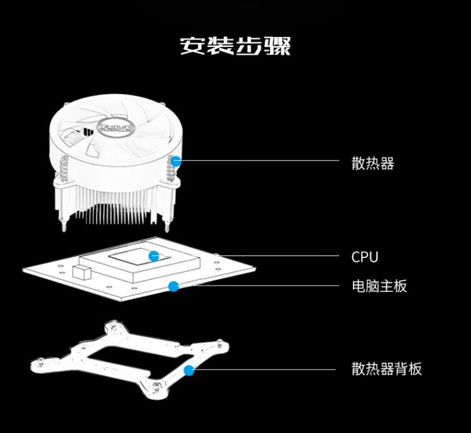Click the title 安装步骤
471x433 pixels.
[x=235, y=46]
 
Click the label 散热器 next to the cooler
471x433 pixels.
[x=372, y=164]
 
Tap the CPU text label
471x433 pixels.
[x=365, y=257]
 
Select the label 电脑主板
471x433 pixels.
[x=379, y=286]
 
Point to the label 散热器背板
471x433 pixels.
[x=386, y=369]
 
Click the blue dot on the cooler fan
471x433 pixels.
[x=176, y=161]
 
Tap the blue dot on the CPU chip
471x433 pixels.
[x=154, y=255]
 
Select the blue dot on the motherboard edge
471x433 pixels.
[x=173, y=287]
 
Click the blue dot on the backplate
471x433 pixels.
[x=188, y=370]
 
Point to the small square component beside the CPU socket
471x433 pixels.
[x=82, y=272]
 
